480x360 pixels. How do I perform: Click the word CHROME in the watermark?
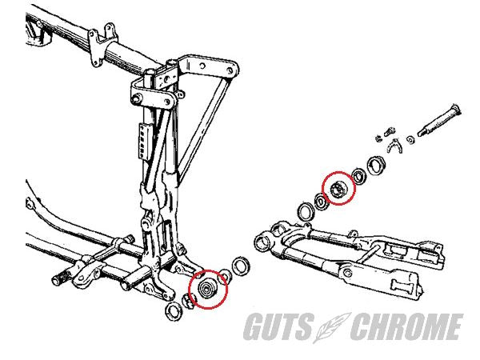(x=407, y=326)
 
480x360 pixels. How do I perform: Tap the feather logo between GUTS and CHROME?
(x=333, y=327)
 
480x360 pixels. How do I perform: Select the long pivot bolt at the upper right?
(x=440, y=121)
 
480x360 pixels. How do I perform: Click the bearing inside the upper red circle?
(x=338, y=189)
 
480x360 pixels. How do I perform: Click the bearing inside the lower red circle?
(x=208, y=288)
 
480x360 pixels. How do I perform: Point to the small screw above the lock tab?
(x=389, y=131)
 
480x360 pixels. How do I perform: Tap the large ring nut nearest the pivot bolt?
(x=377, y=166)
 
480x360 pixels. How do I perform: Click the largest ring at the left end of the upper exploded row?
(x=306, y=212)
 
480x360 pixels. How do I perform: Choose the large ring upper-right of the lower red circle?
(x=241, y=266)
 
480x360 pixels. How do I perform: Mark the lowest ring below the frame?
(x=174, y=311)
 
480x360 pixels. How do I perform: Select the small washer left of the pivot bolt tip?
(x=410, y=139)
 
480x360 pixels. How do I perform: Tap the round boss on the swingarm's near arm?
(x=347, y=273)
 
